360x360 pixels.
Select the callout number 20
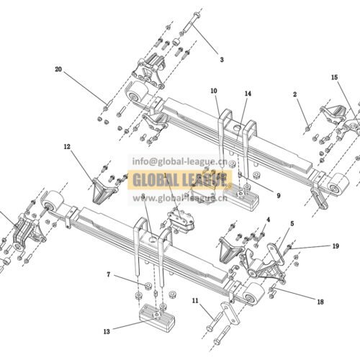click(x=58, y=70)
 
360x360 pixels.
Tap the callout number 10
click(x=214, y=91)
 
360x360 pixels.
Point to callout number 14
click(x=248, y=94)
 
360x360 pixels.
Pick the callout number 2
click(x=295, y=94)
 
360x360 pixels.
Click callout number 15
click(x=334, y=77)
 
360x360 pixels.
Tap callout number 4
click(x=268, y=220)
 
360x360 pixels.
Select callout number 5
click(x=292, y=224)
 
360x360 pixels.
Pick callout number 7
click(x=109, y=274)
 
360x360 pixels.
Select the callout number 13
click(x=107, y=332)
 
